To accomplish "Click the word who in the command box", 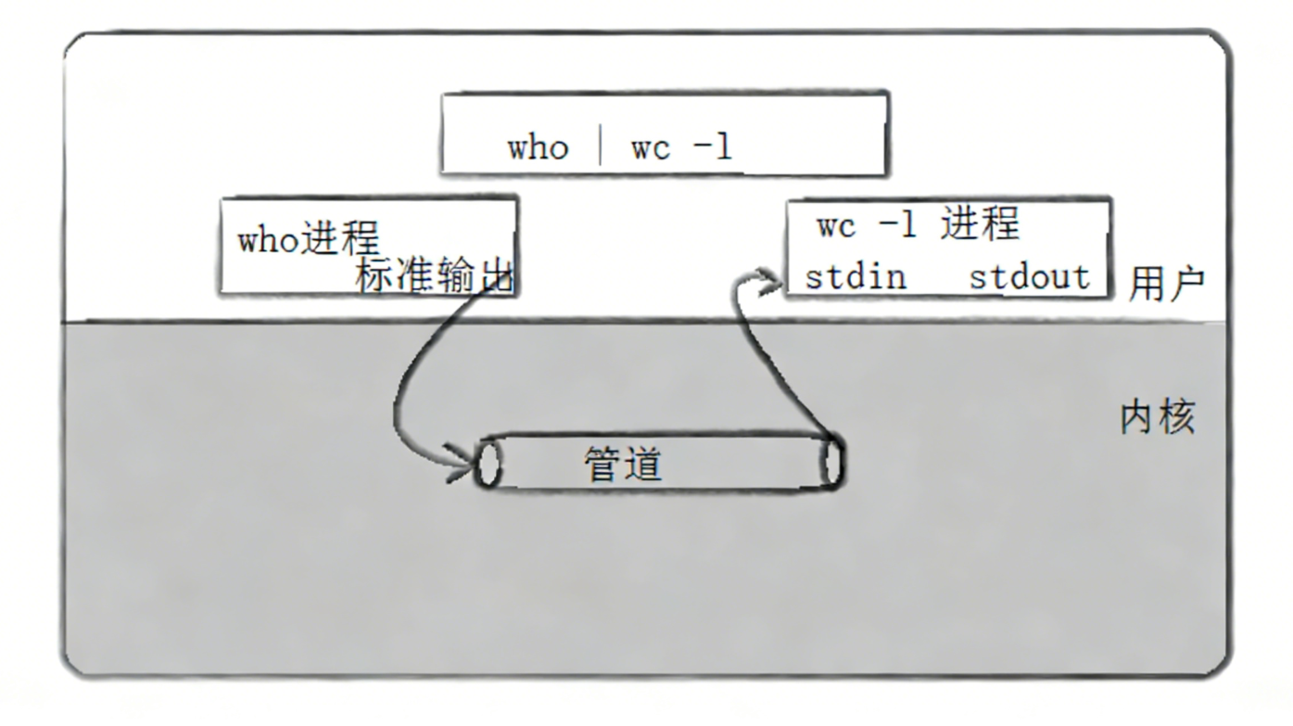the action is coord(538,148).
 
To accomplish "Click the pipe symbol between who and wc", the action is coord(601,146).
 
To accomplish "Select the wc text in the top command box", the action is coord(651,148).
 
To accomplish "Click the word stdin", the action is coord(855,277).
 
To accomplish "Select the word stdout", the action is coord(1029,277).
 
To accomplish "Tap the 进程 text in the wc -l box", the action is coord(980,225).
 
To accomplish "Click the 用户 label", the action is coord(1166,285).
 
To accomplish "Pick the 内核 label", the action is coord(1158,418).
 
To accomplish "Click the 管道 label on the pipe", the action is coord(623,464).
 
